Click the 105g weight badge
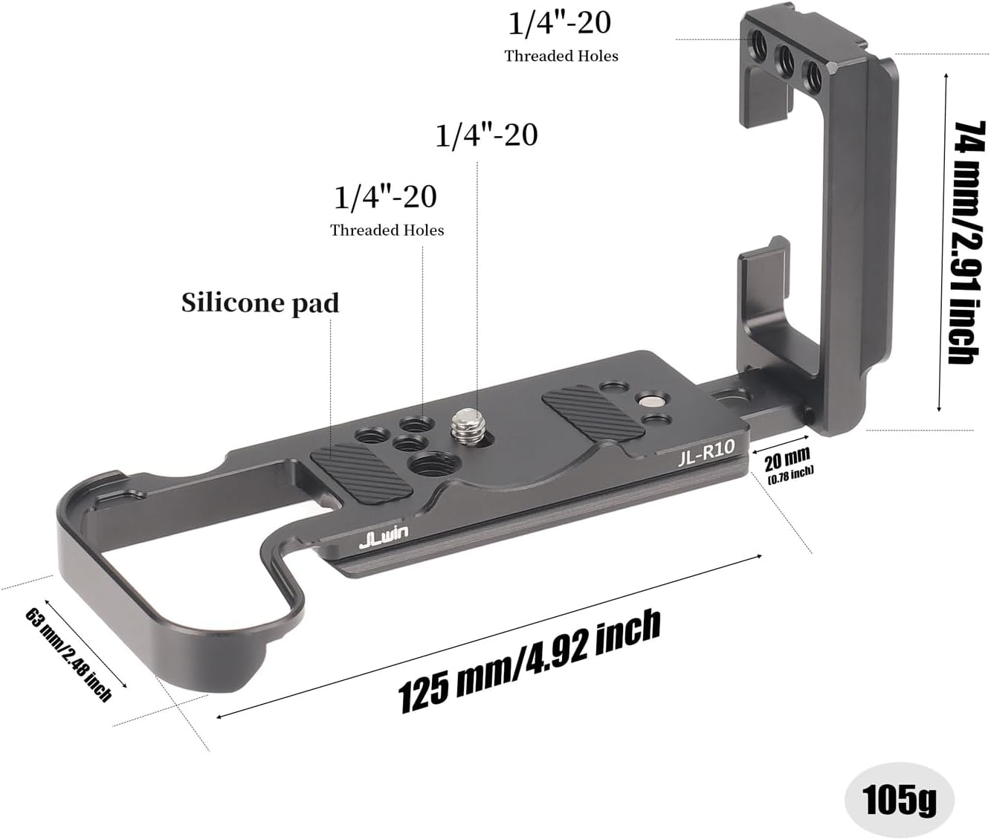(899, 799)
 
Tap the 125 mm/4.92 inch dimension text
(530, 661)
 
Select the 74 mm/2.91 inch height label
(969, 243)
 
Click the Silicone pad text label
(260, 303)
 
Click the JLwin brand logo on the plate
(383, 537)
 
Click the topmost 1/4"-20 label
(560, 23)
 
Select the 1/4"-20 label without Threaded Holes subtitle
(486, 135)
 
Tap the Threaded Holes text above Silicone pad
(387, 230)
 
